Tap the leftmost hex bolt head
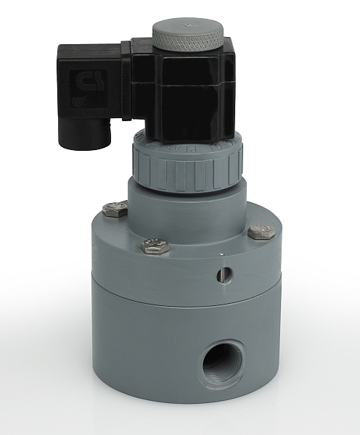point(114,210)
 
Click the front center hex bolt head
point(155,246)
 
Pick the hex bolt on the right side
point(261,232)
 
